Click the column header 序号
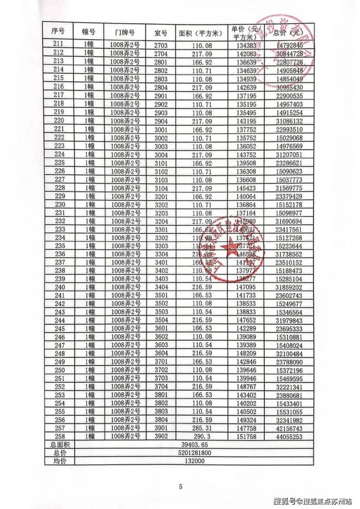point(59,33)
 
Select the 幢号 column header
point(89,33)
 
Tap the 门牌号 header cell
point(125,33)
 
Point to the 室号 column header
point(161,33)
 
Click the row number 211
point(59,45)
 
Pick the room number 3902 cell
point(161,437)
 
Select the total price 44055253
point(289,437)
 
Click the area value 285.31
point(200,428)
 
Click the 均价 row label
point(59,461)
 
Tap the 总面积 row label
point(59,445)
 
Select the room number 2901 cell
point(161,95)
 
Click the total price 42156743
point(289,428)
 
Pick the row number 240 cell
point(59,287)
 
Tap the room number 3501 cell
point(161,295)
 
